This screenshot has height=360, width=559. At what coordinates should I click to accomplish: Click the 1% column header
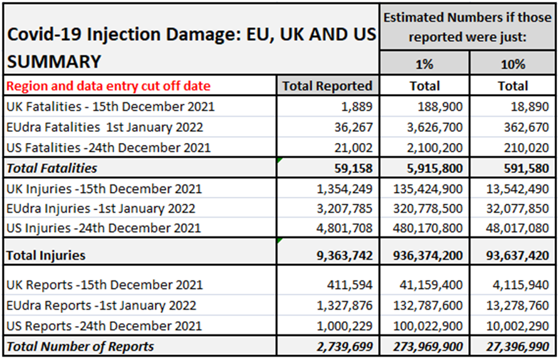(424, 65)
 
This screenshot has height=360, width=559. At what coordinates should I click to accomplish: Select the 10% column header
(513, 65)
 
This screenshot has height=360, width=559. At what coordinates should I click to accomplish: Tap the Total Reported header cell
(327, 86)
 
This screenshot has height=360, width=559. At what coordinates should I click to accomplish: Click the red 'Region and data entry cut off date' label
(108, 86)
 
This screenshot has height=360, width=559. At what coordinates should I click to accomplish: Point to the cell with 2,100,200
(432, 148)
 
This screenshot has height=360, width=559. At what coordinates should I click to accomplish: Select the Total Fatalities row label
(51, 167)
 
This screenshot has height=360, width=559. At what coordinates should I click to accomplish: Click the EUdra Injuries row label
(100, 209)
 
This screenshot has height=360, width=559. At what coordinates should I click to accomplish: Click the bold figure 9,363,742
(345, 255)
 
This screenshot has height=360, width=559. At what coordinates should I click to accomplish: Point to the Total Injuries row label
(46, 255)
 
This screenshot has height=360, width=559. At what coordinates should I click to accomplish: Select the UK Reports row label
(104, 285)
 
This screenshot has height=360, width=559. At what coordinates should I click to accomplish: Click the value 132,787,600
(428, 305)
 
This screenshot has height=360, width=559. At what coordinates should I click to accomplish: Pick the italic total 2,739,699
(345, 346)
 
